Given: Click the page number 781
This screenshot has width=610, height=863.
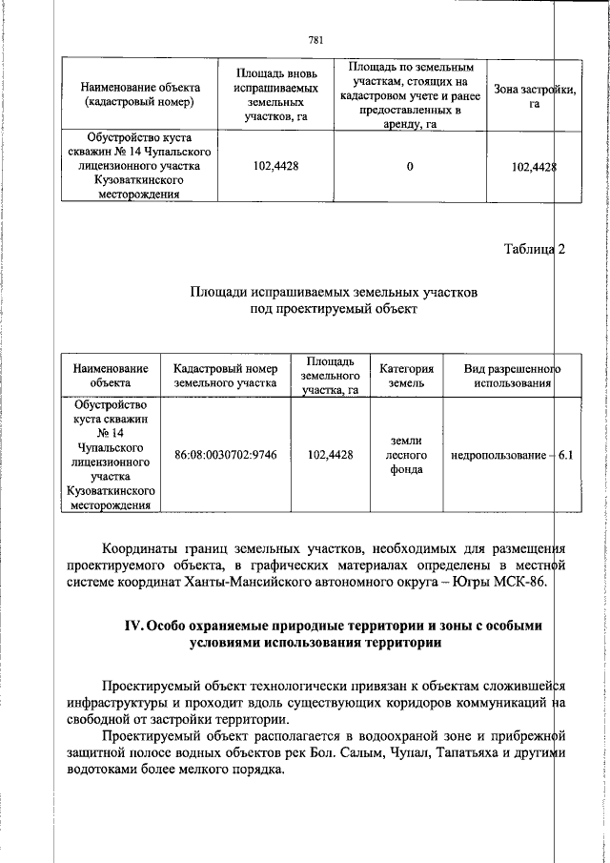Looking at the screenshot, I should pos(316,39).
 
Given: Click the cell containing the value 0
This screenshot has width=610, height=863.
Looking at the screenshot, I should pos(410,167).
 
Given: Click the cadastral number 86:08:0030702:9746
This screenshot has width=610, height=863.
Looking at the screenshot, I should pos(226,456).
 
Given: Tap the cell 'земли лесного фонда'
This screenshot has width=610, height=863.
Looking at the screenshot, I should pos(407,456).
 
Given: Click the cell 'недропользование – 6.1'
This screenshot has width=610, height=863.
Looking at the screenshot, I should pos(511,456).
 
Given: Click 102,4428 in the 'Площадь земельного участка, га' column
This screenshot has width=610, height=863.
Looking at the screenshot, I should pos(331,456).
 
